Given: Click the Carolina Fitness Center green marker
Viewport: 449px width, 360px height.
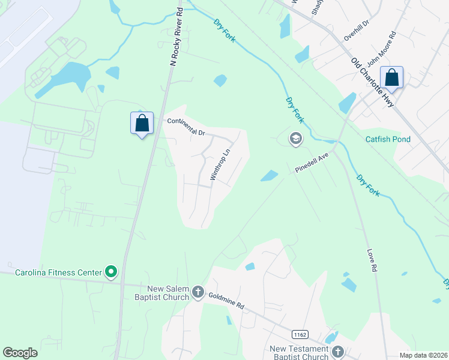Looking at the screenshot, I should pos(111,273).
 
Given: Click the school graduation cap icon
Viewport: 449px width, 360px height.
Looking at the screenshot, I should pos(295,139).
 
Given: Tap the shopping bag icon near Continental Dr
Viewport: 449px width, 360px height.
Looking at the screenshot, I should pos(142,124).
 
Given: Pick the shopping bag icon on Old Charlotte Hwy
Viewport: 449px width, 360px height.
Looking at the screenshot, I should pos(391,77).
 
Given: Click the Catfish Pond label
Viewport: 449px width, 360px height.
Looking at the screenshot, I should pos(388,139).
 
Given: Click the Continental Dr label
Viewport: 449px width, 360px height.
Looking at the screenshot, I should pos(186,126).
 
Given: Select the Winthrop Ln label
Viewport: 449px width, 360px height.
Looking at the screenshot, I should pos(220,164).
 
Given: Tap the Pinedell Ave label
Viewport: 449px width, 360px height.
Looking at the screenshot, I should pos(312,163).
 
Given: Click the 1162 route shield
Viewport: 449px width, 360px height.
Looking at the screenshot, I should pos(300,334).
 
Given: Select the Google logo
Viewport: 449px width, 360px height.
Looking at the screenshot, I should pos(20,353).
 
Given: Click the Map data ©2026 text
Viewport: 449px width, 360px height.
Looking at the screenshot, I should pos(423,355).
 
